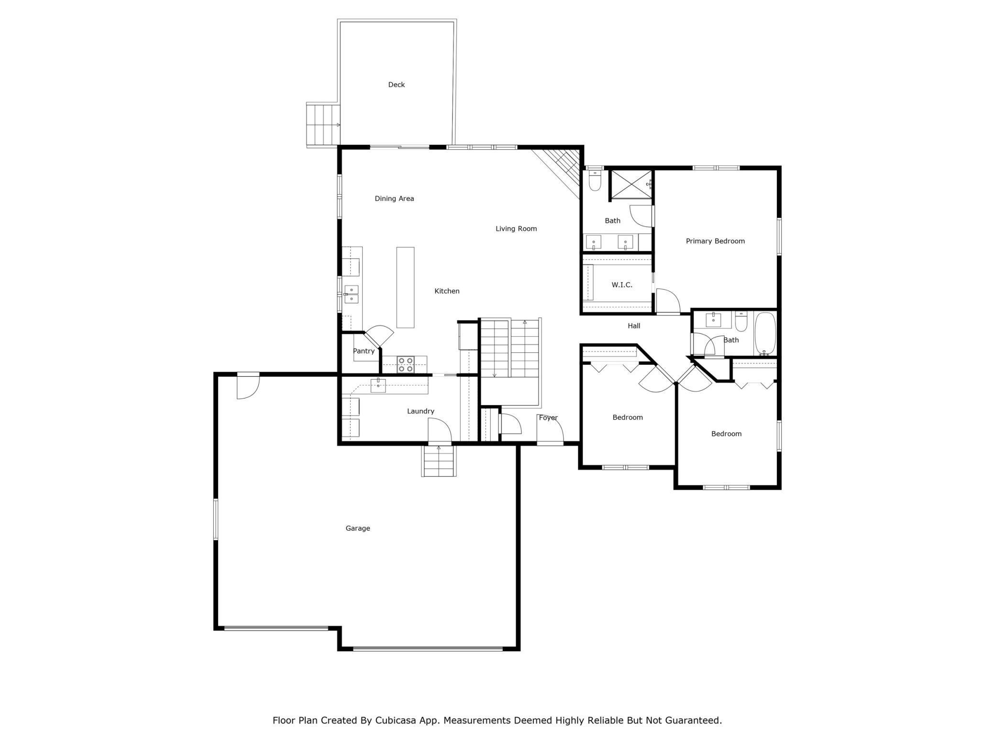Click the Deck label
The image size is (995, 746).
pyautogui.click(x=396, y=85)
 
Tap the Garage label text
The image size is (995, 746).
pyautogui.click(x=358, y=528)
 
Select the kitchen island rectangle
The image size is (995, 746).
pyautogui.click(x=405, y=287)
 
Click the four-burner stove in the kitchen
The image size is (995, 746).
pyautogui.click(x=406, y=364)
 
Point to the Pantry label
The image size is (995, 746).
pyautogui.click(x=364, y=351)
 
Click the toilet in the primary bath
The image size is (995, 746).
pyautogui.click(x=595, y=180)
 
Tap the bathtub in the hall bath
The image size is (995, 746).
pyautogui.click(x=765, y=333)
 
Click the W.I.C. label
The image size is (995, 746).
pyautogui.click(x=622, y=285)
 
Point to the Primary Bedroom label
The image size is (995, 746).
pyautogui.click(x=715, y=241)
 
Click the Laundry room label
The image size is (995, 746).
pyautogui.click(x=420, y=411)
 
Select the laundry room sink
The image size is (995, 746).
pyautogui.click(x=378, y=385)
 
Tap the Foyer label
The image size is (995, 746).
pyautogui.click(x=548, y=417)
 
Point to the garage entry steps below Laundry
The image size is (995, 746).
pyautogui.click(x=439, y=461)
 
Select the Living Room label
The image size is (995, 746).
pyautogui.click(x=516, y=229)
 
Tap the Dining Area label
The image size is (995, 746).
pyautogui.click(x=394, y=198)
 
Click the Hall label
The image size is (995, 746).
pyautogui.click(x=634, y=326)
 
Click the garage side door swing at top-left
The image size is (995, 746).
pyautogui.click(x=247, y=386)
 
